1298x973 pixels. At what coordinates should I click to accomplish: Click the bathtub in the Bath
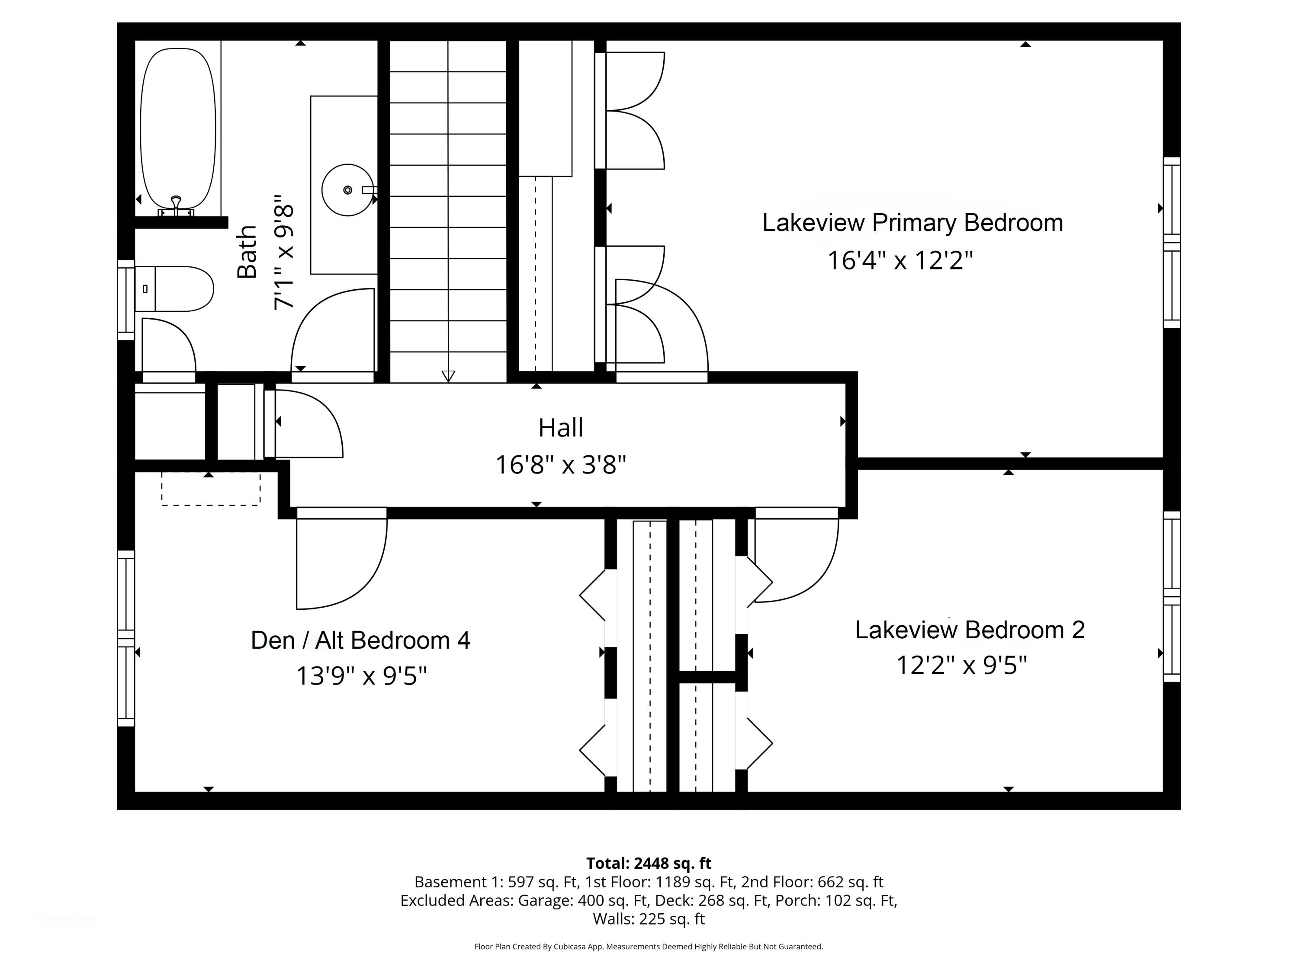coord(178,128)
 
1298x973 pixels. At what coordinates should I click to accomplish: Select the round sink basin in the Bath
coord(347,190)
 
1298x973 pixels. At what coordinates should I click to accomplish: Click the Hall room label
coord(560,428)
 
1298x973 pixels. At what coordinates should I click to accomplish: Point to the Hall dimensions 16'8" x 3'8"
coord(560,464)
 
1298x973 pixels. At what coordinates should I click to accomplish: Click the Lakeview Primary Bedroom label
coord(912,223)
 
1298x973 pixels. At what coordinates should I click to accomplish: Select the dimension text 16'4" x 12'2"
coord(900,260)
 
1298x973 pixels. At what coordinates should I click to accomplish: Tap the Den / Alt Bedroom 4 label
coord(360,640)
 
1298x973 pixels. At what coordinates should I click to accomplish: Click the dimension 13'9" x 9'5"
coord(361,675)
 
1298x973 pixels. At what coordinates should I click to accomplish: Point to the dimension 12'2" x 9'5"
coord(961,665)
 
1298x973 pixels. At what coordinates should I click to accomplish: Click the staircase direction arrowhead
coord(448,376)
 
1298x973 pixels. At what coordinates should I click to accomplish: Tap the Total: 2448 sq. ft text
coord(649,863)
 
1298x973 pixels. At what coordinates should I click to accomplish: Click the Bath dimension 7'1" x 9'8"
coord(284,253)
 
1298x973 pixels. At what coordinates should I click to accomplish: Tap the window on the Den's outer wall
coord(126,638)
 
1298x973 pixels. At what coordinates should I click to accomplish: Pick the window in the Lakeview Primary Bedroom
coord(1172,242)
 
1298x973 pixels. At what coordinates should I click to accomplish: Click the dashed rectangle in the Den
coord(211,489)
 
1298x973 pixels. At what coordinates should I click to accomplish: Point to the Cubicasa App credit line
coord(649,946)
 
